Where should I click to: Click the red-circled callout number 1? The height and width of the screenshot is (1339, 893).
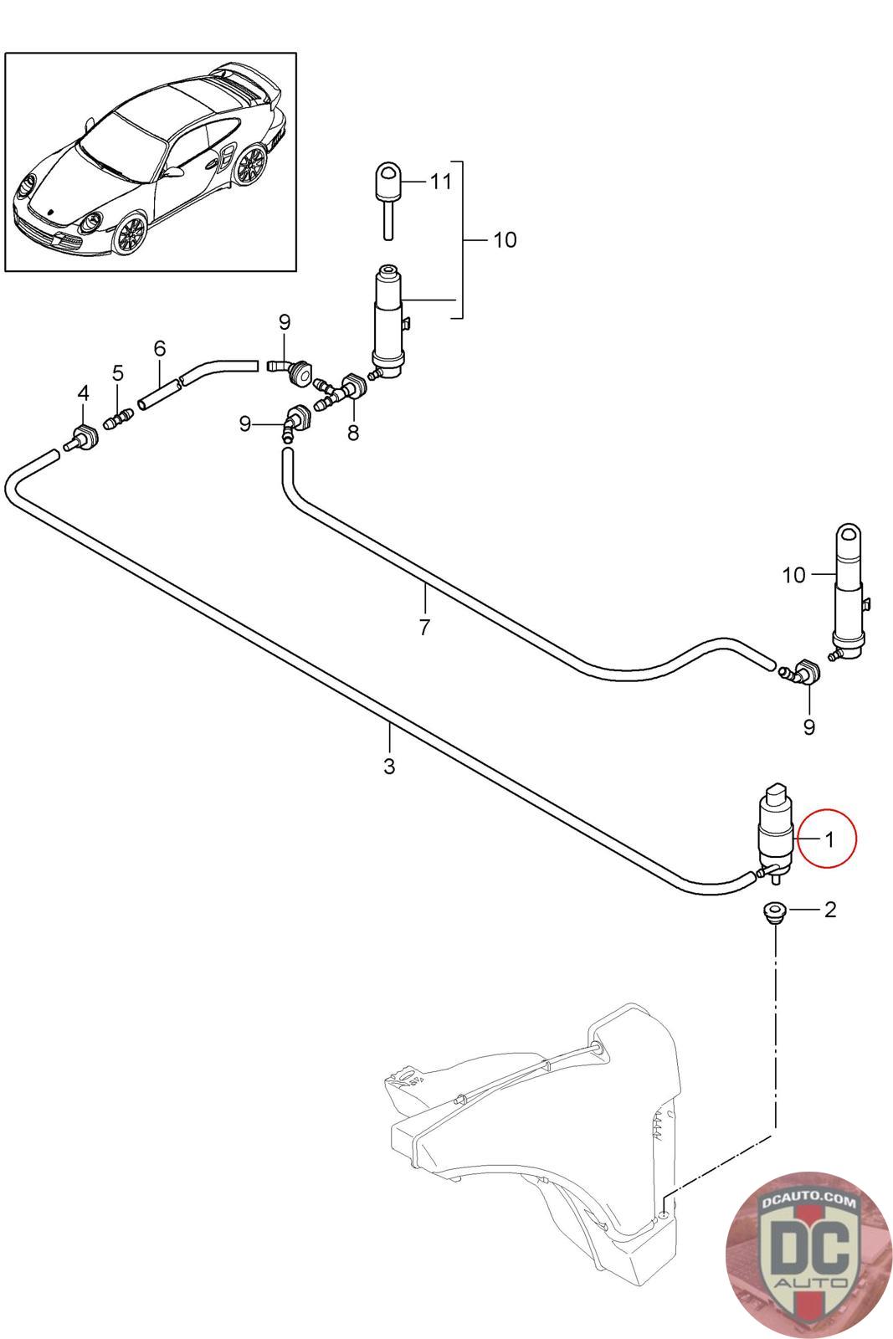coord(829,839)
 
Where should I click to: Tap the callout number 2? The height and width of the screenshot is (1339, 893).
coord(830,910)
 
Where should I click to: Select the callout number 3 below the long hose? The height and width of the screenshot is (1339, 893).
coord(389,766)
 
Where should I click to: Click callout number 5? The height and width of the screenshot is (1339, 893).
coord(118,372)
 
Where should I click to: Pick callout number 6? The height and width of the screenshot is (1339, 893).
coord(160,348)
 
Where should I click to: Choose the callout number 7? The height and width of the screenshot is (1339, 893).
coord(424,627)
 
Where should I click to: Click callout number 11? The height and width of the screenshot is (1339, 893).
coord(442,181)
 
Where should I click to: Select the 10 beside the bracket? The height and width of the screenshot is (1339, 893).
coord(505,239)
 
